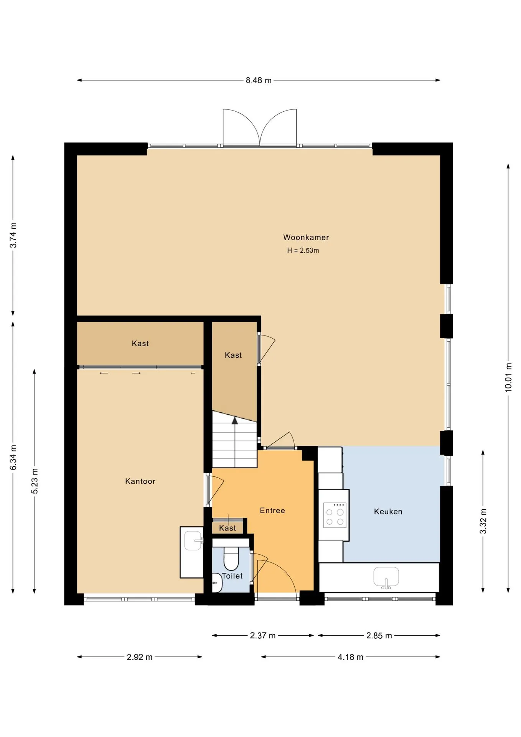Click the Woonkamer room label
(306, 237)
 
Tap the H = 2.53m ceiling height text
(303, 250)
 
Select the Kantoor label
(140, 481)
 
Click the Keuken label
(388, 511)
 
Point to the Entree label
(272, 510)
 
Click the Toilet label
(232, 576)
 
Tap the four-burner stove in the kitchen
(335, 515)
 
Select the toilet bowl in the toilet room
(231, 559)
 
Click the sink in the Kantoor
(194, 540)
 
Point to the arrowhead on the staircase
(235, 421)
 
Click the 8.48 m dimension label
(259, 80)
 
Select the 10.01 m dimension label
(508, 377)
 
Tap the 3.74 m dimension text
(13, 235)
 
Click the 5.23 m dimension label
(35, 481)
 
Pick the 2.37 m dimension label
(263, 635)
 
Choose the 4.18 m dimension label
(350, 657)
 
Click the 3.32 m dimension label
(483, 521)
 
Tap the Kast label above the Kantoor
(140, 343)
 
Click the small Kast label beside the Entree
(228, 528)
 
